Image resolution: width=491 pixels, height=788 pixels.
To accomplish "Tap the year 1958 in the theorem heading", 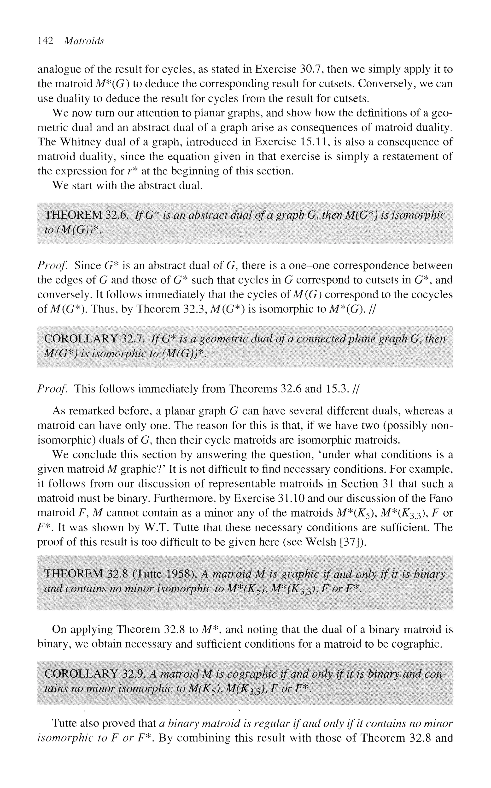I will point(178,574).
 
